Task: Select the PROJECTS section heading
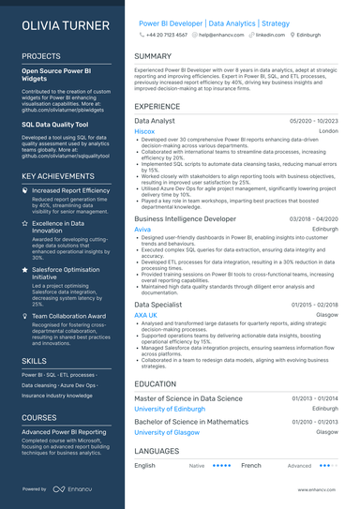click(x=41, y=56)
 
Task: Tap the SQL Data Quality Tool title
click(x=55, y=123)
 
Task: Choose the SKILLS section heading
click(x=34, y=360)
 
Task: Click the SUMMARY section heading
click(x=153, y=56)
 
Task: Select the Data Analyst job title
click(x=155, y=122)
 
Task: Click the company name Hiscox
click(x=144, y=132)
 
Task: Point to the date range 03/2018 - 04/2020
click(x=314, y=218)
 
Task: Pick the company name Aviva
click(x=142, y=229)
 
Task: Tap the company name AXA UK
click(x=146, y=315)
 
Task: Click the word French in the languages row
click(x=250, y=465)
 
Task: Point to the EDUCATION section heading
click(x=156, y=383)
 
